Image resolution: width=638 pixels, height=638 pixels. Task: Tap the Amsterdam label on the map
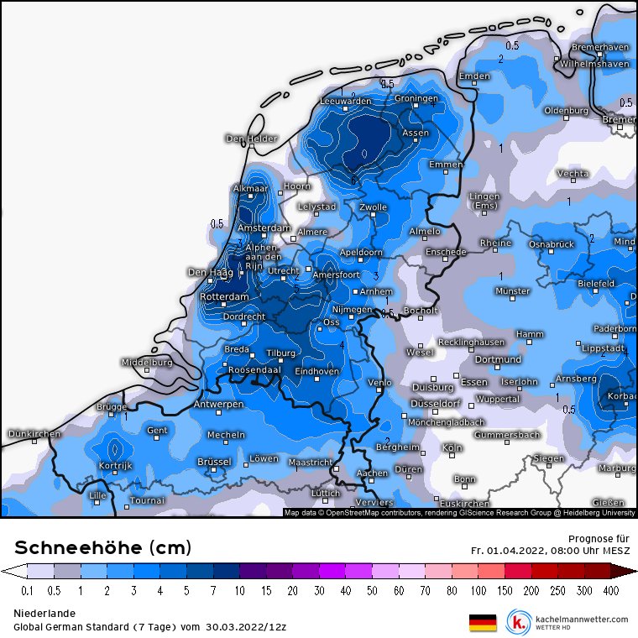coord(264,228)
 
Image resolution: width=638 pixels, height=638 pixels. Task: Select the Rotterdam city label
coord(224,297)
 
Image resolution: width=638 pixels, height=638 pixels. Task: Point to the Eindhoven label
coord(317,371)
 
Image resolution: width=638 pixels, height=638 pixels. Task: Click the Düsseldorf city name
coord(434,404)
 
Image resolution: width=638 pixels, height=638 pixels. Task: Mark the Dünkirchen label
coord(34,434)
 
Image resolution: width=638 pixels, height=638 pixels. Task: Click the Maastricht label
coord(310,462)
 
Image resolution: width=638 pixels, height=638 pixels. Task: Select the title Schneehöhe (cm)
coord(103,548)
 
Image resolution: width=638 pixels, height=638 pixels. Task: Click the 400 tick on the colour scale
coord(610,592)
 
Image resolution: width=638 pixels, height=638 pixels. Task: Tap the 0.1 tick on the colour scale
coord(27,592)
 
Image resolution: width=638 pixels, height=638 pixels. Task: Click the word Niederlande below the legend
coord(44,614)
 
